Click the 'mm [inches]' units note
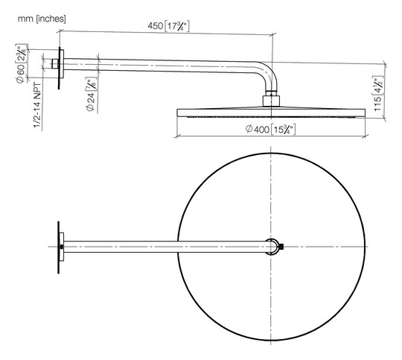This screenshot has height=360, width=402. pyautogui.click(x=42, y=19)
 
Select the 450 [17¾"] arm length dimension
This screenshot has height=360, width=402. pyautogui.click(x=168, y=25)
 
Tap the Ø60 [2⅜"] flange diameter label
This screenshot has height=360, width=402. pyautogui.click(x=21, y=63)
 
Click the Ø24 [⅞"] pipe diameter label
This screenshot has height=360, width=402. pyautogui.click(x=91, y=94)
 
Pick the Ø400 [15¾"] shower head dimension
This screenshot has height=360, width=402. pyautogui.click(x=270, y=129)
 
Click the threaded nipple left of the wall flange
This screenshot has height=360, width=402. pyautogui.click(x=55, y=64)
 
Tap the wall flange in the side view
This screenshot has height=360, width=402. pyautogui.click(x=61, y=68)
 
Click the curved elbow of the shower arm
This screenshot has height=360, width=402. pyautogui.click(x=270, y=72)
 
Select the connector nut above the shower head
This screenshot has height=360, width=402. pyautogui.click(x=271, y=101)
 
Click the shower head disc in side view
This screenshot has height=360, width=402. pyautogui.click(x=271, y=113)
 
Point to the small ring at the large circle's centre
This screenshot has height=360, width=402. pyautogui.click(x=272, y=247)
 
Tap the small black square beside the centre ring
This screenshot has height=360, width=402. pyautogui.click(x=281, y=247)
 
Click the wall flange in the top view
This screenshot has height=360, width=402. pyautogui.click(x=60, y=247)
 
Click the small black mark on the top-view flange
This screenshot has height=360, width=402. pyautogui.click(x=62, y=247)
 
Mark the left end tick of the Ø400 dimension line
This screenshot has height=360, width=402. pyautogui.click(x=176, y=136)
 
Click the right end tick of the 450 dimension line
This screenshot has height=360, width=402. pyautogui.click(x=272, y=34)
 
